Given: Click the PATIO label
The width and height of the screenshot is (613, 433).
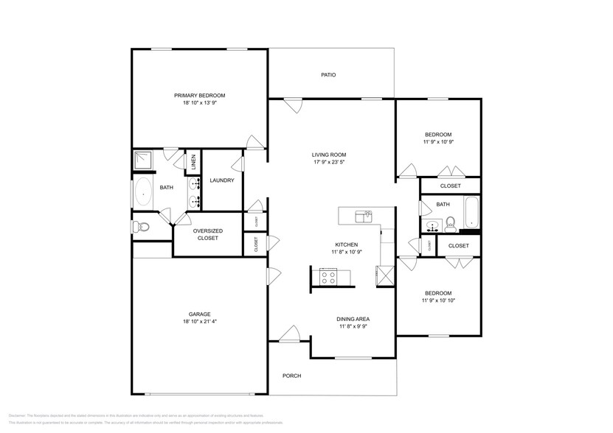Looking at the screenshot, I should (328, 75).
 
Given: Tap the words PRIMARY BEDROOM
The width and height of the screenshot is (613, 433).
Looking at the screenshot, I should (199, 96).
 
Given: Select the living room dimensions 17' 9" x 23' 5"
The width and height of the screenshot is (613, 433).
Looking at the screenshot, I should (328, 162).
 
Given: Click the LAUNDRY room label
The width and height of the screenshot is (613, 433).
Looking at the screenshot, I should (221, 180).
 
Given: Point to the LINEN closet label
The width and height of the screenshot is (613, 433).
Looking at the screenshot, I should (193, 162).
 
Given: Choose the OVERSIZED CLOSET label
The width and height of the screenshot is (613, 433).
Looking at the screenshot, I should (207, 234).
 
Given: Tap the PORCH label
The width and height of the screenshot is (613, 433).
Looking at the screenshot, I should (291, 376).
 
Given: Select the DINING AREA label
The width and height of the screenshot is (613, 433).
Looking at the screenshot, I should (353, 318).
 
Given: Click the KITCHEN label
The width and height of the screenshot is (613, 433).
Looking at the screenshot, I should (346, 244).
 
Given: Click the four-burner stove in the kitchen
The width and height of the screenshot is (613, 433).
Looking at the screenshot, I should (328, 277).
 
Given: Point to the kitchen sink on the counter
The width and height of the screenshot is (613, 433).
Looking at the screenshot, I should (364, 216).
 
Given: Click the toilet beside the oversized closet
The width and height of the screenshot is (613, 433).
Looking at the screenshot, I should (142, 227).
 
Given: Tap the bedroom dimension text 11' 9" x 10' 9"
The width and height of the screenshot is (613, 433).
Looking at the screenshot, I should (437, 142).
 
